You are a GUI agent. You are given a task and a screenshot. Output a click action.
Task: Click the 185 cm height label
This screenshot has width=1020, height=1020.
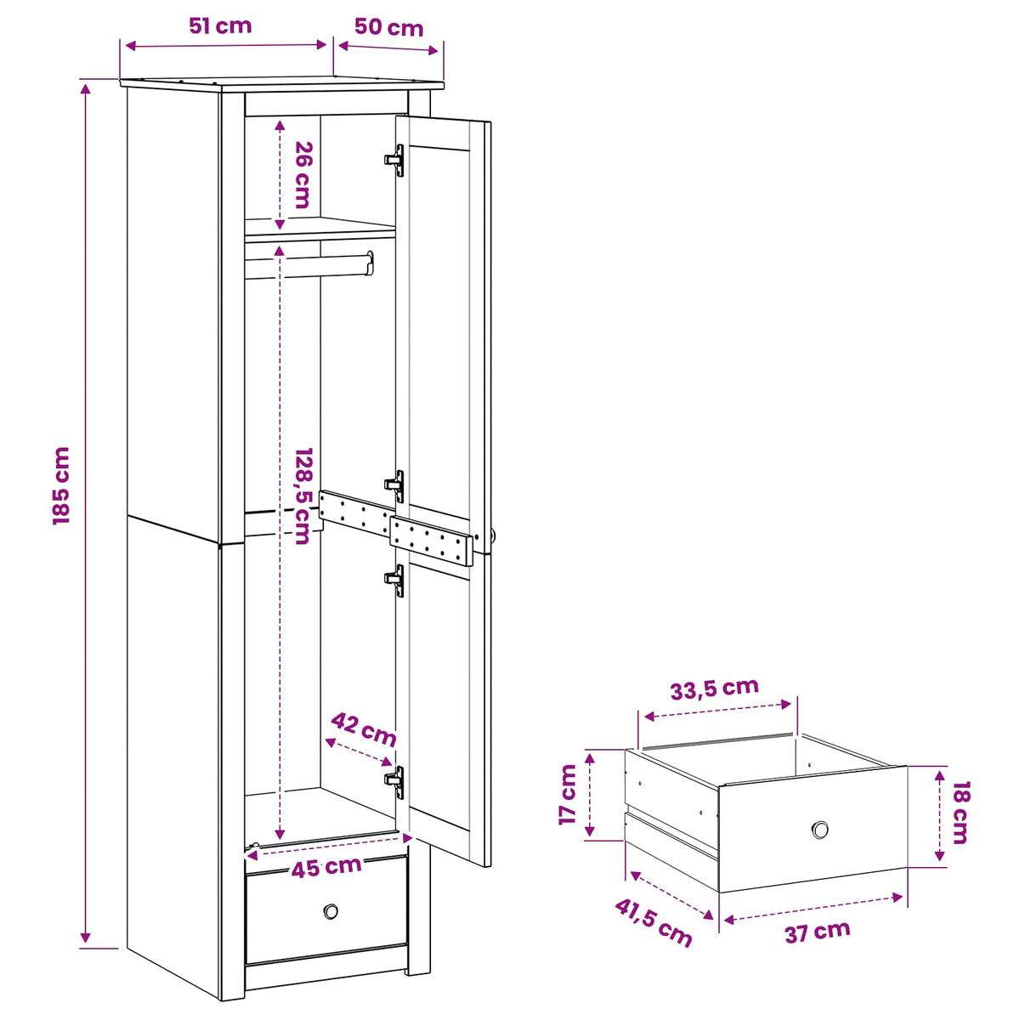pyautogui.click(x=61, y=485)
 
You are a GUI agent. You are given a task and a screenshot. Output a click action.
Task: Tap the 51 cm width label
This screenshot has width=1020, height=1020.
pyautogui.click(x=220, y=25)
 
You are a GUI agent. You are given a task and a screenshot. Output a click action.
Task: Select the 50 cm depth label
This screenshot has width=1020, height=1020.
pyautogui.click(x=388, y=27)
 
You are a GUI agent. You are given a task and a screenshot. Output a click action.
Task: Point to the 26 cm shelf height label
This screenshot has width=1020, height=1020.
pyautogui.click(x=303, y=175)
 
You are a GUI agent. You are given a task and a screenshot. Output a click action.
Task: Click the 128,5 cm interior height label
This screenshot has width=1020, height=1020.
pyautogui.click(x=303, y=496)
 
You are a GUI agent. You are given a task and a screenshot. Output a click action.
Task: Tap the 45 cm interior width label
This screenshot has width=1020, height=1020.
pyautogui.click(x=326, y=867)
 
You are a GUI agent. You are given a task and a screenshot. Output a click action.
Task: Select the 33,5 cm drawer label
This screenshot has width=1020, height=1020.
pyautogui.click(x=714, y=688)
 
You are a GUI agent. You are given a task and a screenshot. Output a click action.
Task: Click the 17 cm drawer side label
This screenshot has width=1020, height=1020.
pyautogui.click(x=568, y=794)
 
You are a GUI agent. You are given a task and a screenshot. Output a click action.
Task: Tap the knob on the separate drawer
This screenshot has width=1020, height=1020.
pyautogui.click(x=820, y=830)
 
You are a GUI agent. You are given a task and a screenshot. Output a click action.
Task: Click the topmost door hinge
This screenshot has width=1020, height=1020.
pyautogui.click(x=395, y=161)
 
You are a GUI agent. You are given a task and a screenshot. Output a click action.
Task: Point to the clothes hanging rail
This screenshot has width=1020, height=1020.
pyautogui.click(x=309, y=264)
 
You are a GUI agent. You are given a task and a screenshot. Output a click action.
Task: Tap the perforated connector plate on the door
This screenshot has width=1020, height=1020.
pyautogui.click(x=431, y=541)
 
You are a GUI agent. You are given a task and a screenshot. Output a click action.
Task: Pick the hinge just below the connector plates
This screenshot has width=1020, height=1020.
pyautogui.click(x=395, y=581)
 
